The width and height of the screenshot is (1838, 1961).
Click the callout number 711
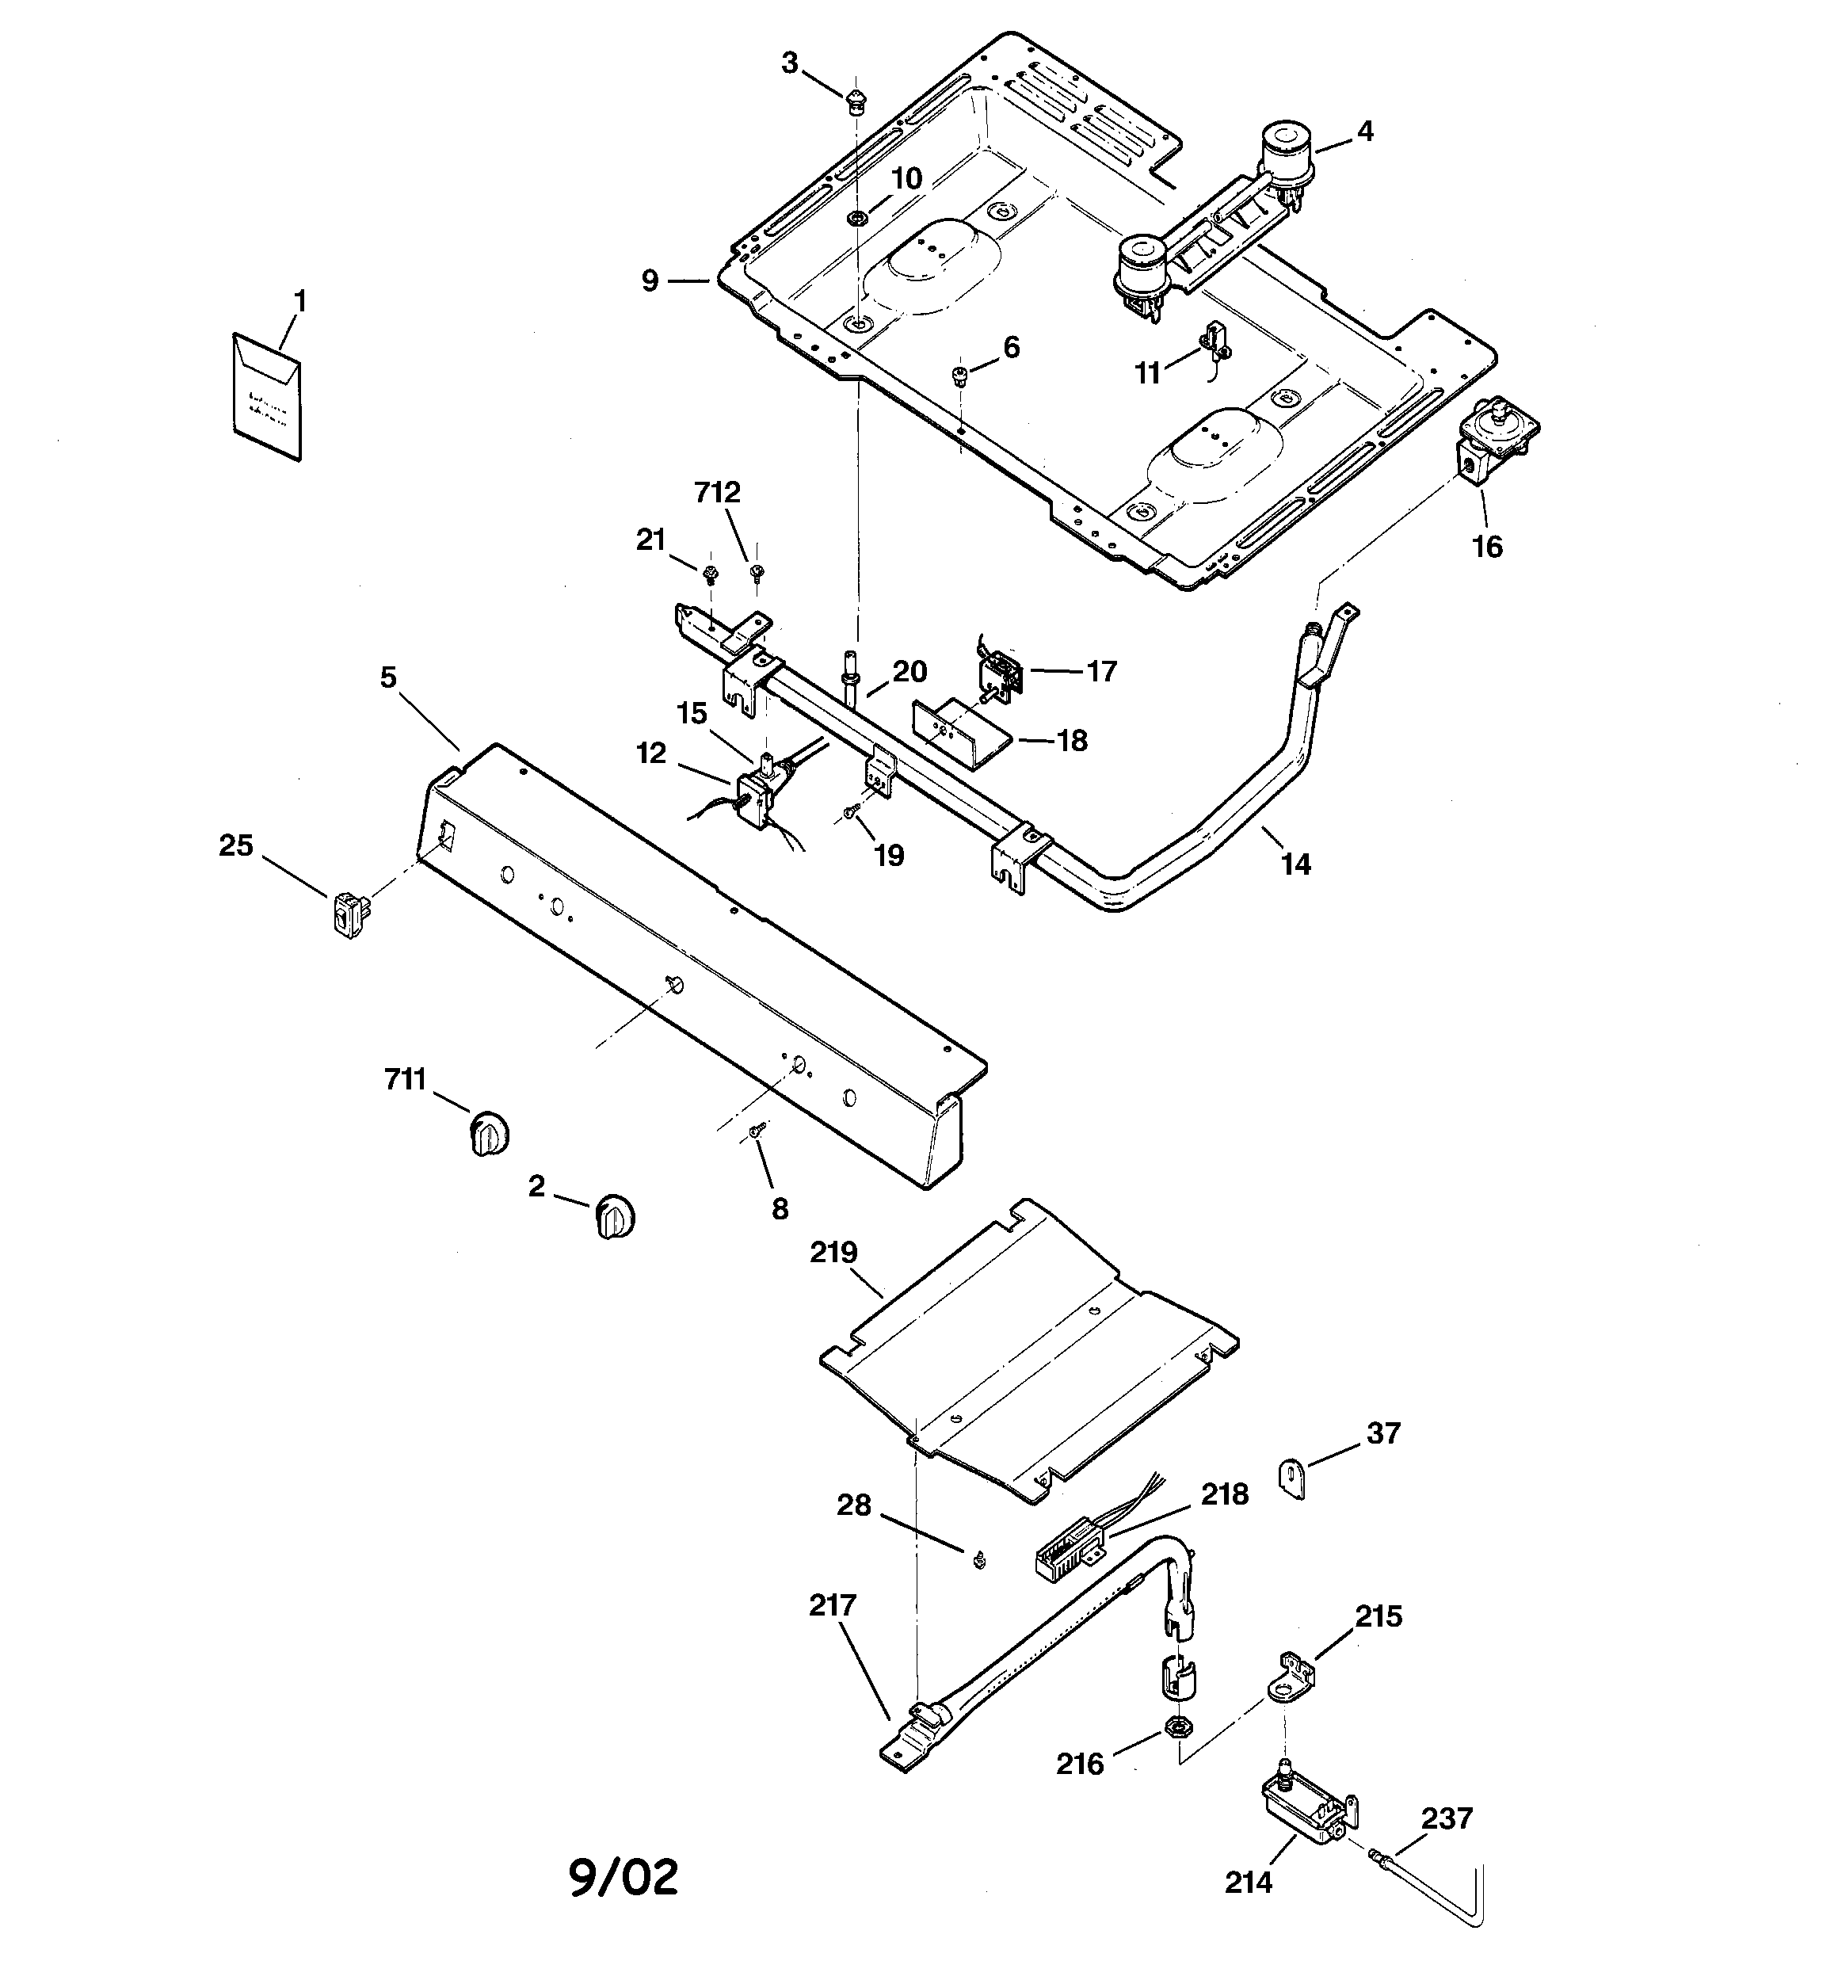(405, 1080)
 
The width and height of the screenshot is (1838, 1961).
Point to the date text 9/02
(623, 1876)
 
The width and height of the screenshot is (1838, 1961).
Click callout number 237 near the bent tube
(1447, 1817)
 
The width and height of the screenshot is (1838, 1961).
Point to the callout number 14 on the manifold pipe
(1295, 864)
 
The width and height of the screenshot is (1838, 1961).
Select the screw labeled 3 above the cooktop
(856, 101)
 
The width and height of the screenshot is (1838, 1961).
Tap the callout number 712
(717, 492)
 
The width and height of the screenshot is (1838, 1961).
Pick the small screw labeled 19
(849, 813)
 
